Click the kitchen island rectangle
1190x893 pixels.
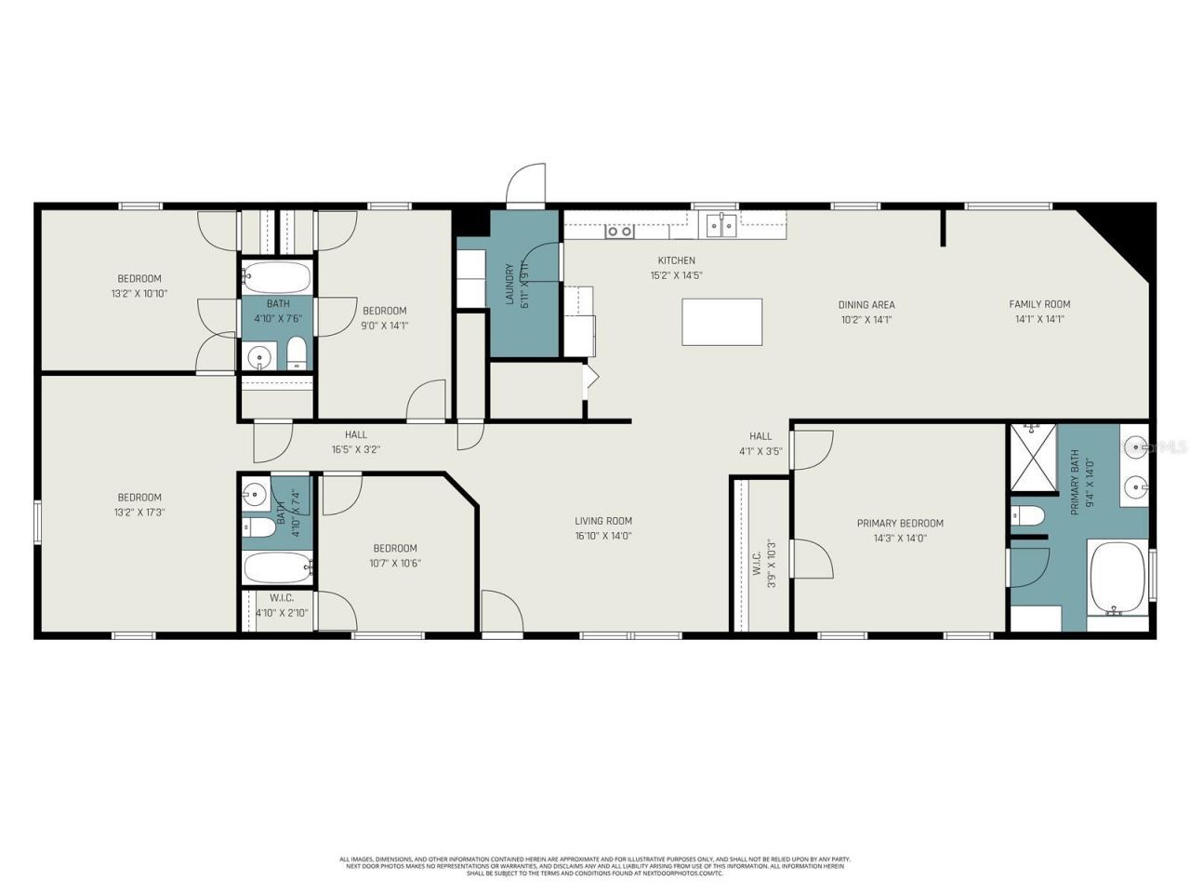point(722,322)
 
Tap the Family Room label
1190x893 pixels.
point(1039,304)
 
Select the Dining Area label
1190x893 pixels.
point(866,304)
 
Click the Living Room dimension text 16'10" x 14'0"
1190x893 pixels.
point(603,536)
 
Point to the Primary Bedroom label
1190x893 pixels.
point(900,523)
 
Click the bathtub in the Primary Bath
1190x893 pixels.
point(1118,579)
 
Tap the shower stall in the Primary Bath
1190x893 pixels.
point(1034,457)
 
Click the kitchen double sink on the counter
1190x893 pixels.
point(721,224)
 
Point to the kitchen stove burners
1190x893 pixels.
point(619,231)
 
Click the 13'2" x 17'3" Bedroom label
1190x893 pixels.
point(139,498)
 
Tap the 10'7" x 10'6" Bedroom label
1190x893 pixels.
point(395,549)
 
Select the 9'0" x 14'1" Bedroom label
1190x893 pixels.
point(385,311)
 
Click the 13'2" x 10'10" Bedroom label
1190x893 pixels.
point(139,278)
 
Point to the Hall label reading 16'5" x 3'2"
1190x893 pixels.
point(356,434)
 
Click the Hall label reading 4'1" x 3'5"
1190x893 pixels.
point(760,436)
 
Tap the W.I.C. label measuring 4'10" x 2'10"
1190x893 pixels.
point(282,598)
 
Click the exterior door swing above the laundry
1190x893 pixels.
point(525,185)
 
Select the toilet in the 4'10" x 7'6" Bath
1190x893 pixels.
point(297,353)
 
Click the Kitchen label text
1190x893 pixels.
point(676,260)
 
